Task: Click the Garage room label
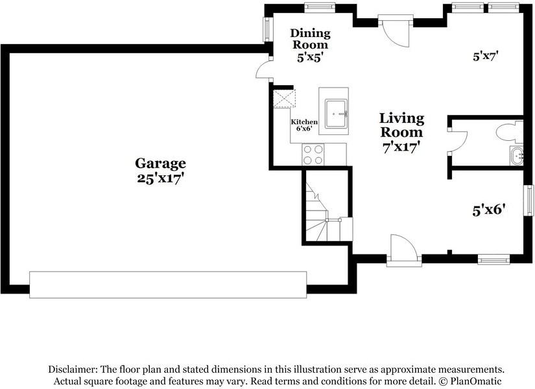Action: tap(160, 164)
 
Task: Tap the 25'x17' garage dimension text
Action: tap(160, 178)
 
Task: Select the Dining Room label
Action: tap(310, 39)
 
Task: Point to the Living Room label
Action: tap(401, 125)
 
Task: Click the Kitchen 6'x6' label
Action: tap(304, 125)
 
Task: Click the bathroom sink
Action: tap(516, 157)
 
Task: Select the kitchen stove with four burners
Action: tap(313, 154)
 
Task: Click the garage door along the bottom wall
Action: tap(168, 284)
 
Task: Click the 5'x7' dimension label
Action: tap(485, 56)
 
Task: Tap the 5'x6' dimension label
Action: tap(488, 210)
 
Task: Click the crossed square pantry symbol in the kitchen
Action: tap(284, 99)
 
